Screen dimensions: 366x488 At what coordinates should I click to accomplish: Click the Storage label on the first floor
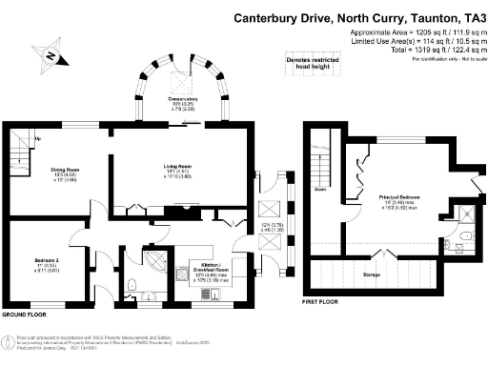373,274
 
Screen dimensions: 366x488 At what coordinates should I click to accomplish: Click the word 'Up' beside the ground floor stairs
37,139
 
